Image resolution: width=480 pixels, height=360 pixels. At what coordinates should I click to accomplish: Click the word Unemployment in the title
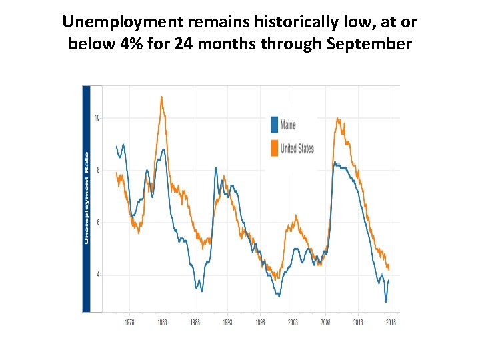[123, 22]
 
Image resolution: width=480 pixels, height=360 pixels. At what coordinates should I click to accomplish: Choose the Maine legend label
[288, 125]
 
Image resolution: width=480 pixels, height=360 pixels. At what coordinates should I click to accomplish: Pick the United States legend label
[297, 148]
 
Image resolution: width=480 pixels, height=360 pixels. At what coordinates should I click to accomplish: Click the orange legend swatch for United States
[274, 148]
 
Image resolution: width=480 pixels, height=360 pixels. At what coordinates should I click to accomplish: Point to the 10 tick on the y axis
[97, 118]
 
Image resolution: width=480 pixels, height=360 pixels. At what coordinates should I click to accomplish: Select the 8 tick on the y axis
[97, 170]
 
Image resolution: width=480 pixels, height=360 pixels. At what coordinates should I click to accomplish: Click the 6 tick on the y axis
[97, 222]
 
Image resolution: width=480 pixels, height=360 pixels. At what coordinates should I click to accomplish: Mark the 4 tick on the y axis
[97, 274]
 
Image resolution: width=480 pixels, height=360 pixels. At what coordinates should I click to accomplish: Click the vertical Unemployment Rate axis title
[86, 198]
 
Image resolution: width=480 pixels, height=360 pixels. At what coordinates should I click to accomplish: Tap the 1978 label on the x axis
[129, 322]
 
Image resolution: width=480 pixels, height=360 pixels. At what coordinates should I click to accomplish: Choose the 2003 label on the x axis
[292, 322]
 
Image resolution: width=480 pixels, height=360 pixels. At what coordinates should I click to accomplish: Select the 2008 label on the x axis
[325, 322]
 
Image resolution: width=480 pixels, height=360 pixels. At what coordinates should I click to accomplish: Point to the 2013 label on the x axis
[357, 322]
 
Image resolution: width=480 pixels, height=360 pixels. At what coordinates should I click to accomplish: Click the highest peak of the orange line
[161, 97]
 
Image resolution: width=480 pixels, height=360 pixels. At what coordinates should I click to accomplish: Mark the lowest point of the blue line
[385, 301]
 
